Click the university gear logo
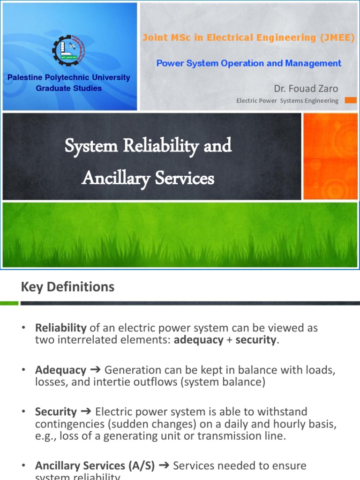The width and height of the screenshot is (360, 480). coord(69,49)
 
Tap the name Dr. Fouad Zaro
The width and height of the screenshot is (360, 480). coord(306,89)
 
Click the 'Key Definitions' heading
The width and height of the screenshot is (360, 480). coord(67,287)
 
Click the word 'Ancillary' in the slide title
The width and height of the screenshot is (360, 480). coord(113,178)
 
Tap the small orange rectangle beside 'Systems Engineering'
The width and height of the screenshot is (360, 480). coord(351,100)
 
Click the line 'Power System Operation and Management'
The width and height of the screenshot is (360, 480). coord(248,63)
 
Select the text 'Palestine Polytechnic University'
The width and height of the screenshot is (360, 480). coord(69,77)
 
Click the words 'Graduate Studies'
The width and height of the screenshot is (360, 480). coord(69,88)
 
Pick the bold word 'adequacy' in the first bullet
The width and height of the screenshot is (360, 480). coord(198,340)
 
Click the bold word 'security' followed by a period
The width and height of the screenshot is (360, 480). coord(255,340)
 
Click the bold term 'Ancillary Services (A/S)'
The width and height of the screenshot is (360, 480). coord(94,466)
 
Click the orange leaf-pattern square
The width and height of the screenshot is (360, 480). coord(330,157)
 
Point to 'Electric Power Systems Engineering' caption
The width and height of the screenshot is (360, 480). coord(287,101)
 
